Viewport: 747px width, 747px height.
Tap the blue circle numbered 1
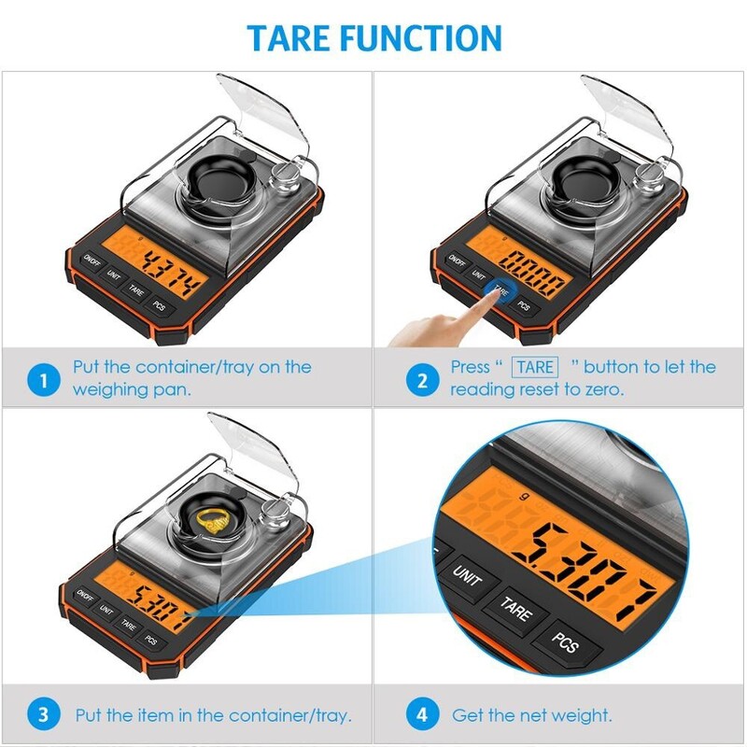point(40,379)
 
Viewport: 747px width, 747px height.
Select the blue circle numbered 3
point(40,716)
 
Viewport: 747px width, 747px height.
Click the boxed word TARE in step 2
point(537,367)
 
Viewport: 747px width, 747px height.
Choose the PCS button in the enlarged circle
point(564,645)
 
